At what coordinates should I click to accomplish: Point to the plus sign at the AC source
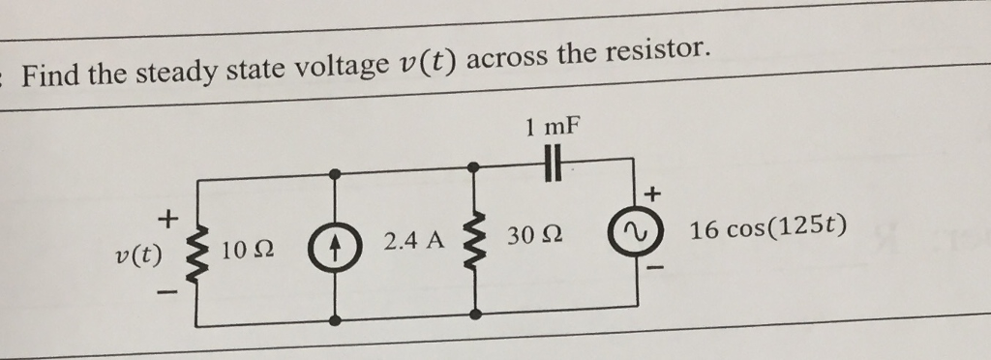653,195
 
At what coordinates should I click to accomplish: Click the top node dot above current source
335,175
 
